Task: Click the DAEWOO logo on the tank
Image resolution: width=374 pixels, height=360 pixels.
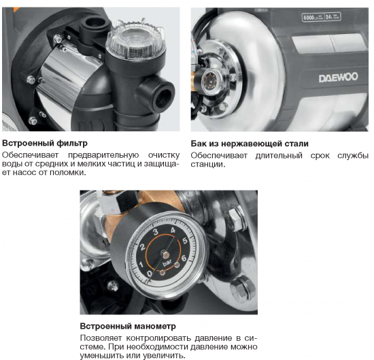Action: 337,78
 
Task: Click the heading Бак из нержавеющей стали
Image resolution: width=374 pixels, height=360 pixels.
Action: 250,144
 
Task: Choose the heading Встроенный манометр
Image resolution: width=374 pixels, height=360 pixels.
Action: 128,326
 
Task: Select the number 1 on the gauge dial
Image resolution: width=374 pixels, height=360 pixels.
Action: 141,263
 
